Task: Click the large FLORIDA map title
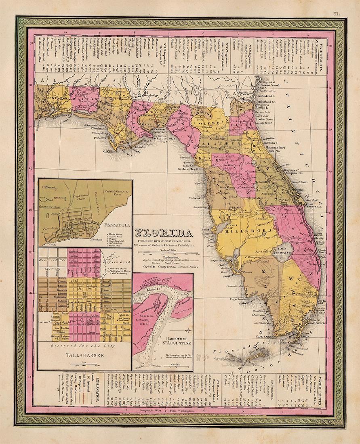pyautogui.click(x=163, y=233)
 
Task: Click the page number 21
pyautogui.click(x=336, y=13)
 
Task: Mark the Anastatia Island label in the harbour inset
pyautogui.click(x=150, y=319)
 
